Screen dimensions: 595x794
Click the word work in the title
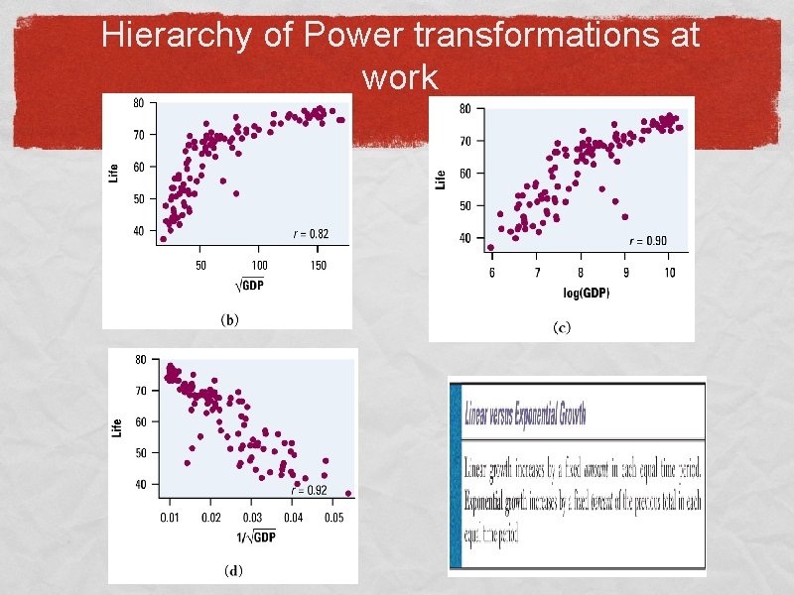coord(400,76)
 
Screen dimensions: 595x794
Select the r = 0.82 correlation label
coord(310,234)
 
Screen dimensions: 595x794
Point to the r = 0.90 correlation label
coord(648,241)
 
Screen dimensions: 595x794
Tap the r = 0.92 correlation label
coord(309,490)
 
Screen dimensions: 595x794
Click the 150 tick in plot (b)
coord(318,265)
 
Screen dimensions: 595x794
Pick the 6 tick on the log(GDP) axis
coord(492,273)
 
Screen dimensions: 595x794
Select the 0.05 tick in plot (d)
coord(335,518)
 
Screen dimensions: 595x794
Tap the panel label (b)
coord(228,319)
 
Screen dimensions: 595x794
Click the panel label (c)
coord(562,328)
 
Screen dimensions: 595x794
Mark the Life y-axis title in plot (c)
coord(441,179)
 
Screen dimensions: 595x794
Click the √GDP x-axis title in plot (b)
coord(251,286)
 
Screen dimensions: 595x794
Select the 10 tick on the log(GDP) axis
coord(670,273)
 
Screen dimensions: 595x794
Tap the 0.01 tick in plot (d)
coord(172,518)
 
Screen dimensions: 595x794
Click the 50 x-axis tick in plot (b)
coord(200,265)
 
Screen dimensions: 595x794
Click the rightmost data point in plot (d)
coord(348,493)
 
